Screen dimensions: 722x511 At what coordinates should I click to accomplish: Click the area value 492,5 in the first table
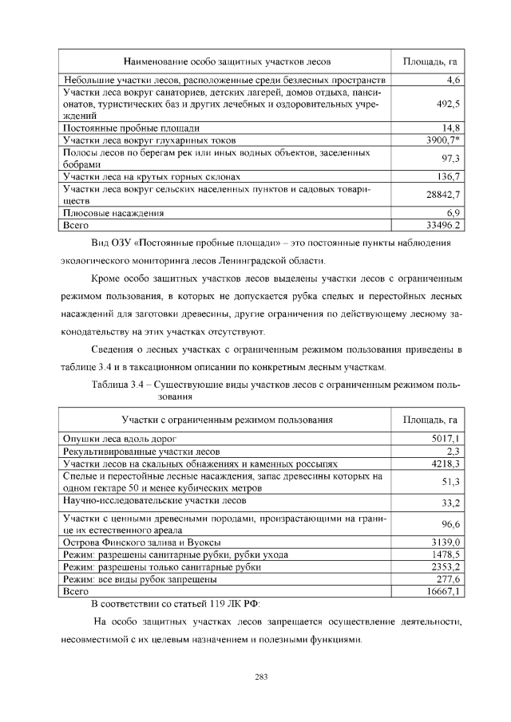[x=449, y=104]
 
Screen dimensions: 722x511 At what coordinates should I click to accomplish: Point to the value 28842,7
[x=444, y=194]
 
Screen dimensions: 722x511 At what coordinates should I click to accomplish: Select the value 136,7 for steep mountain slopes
[x=448, y=176]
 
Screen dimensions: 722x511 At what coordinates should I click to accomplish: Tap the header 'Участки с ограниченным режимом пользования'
[x=227, y=420]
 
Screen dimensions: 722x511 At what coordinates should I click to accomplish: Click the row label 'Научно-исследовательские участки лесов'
[x=154, y=500]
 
